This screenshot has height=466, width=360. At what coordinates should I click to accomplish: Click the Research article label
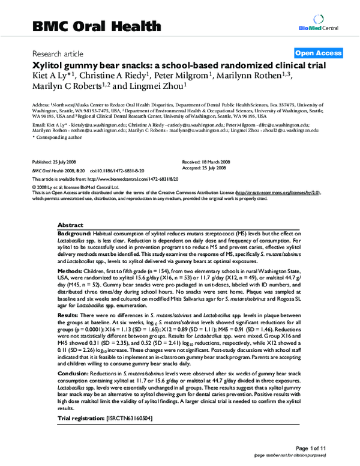pyautogui.click(x=59, y=53)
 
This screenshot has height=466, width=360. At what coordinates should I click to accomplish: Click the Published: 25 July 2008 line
pyautogui.click(x=55, y=163)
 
